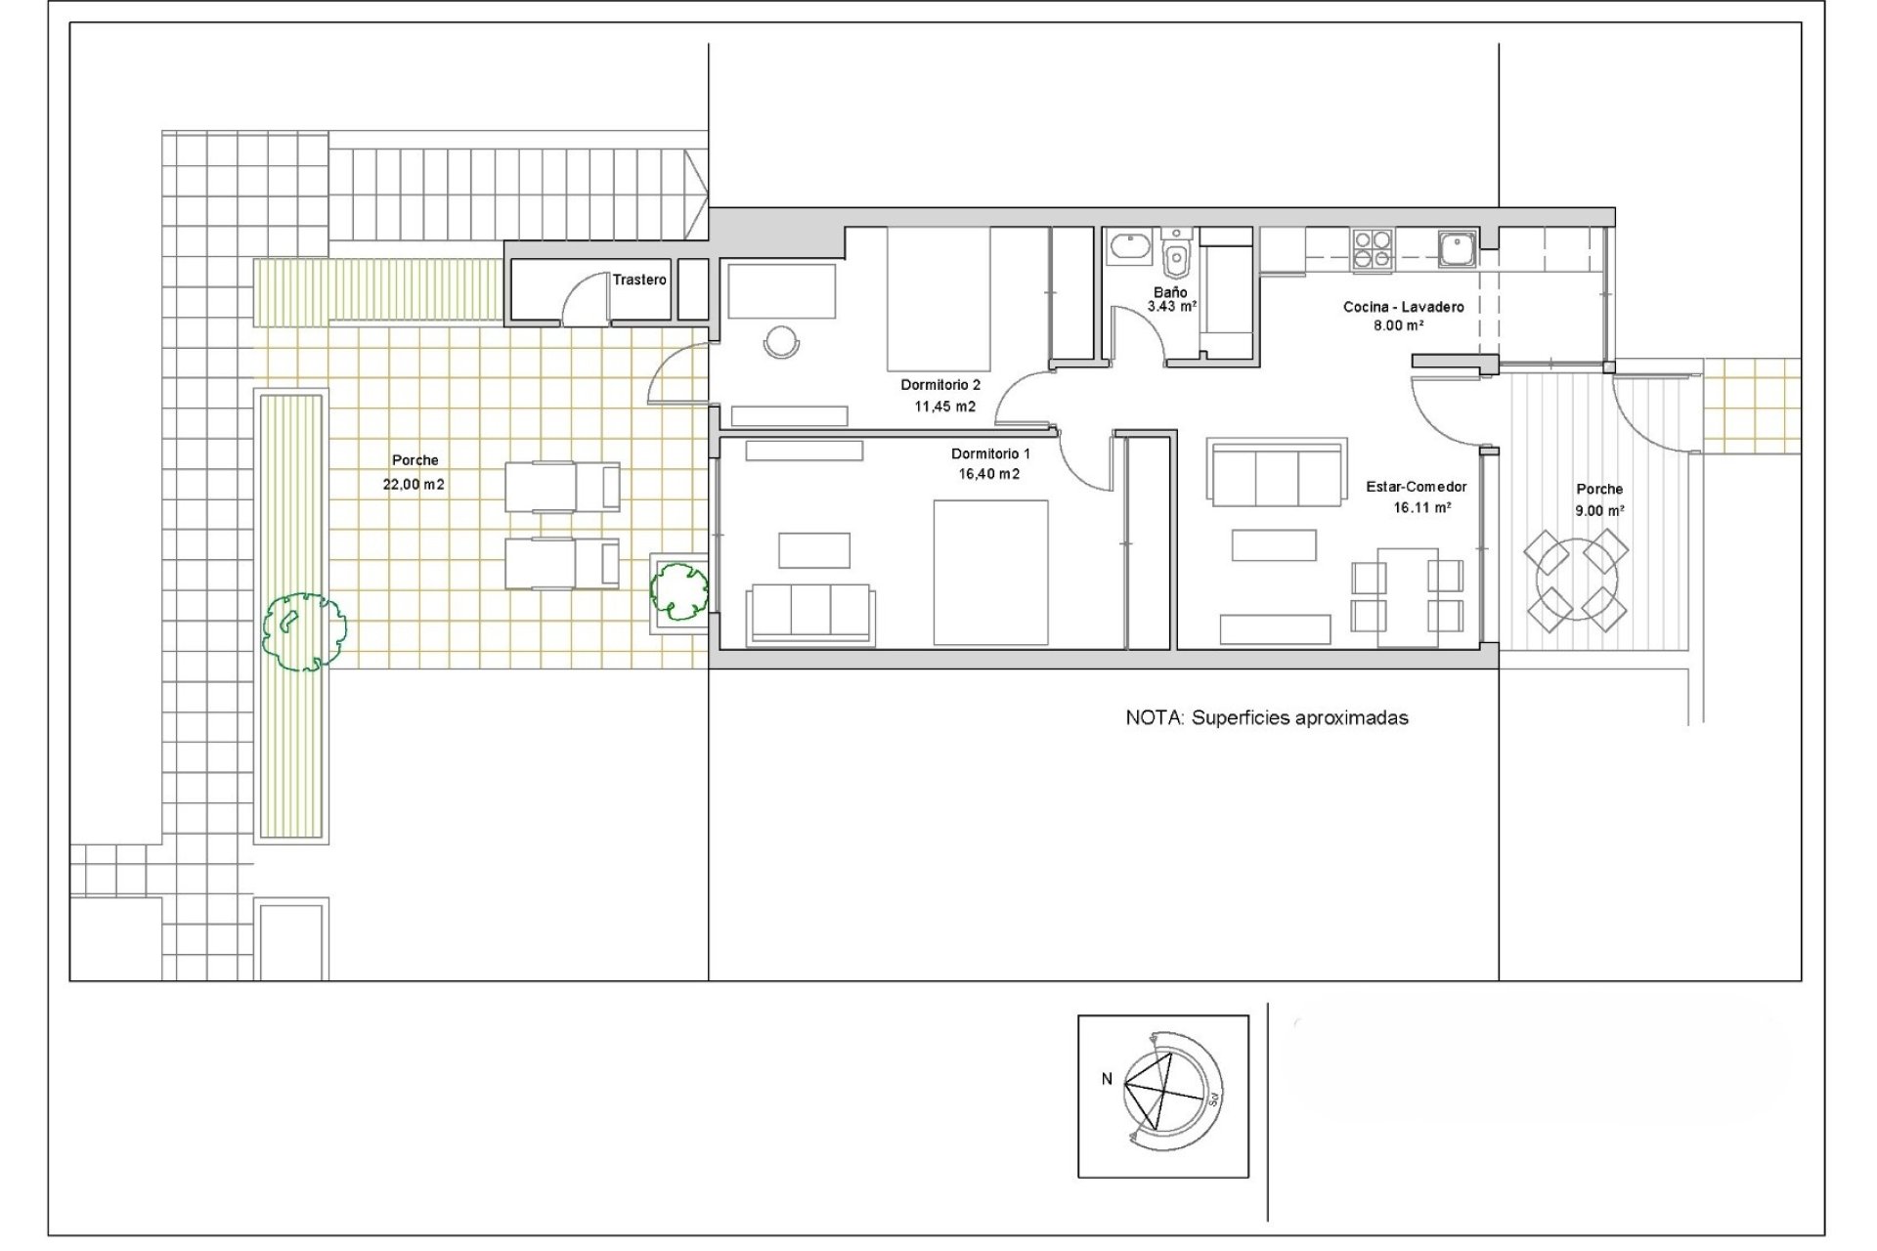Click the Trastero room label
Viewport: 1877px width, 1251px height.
point(639,280)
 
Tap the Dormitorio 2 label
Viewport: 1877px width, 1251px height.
point(940,385)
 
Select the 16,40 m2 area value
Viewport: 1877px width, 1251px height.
point(989,474)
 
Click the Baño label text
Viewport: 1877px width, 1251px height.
point(1170,292)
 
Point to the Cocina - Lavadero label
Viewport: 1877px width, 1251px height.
point(1403,307)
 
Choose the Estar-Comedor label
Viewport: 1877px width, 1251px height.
point(1417,487)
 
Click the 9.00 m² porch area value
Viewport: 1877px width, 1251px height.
point(1599,510)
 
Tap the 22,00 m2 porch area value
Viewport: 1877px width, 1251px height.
point(415,484)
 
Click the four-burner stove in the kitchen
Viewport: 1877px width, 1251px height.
point(1373,249)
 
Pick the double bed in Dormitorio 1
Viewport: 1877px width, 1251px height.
point(990,572)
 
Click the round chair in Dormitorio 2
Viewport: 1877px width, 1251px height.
point(782,342)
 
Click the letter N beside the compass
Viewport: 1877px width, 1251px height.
point(1107,1079)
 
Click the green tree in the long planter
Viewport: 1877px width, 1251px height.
point(305,630)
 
